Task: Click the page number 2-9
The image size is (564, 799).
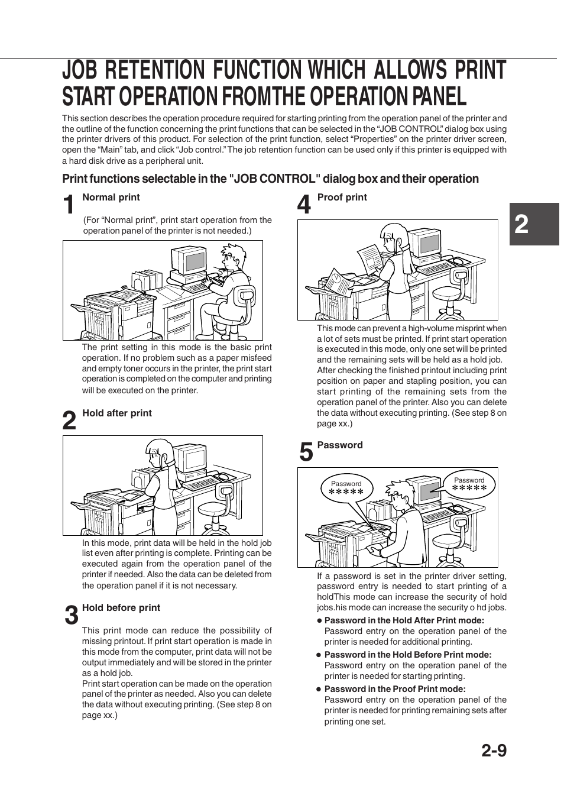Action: [x=494, y=751]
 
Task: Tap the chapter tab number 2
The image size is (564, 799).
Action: [x=521, y=225]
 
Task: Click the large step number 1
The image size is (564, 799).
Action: [x=69, y=205]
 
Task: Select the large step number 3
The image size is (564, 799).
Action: [x=70, y=616]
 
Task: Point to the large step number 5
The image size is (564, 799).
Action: [x=306, y=453]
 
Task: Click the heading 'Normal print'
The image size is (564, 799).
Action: [x=111, y=197]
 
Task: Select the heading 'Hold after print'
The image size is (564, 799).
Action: [x=117, y=413]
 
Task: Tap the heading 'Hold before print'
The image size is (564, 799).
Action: [x=121, y=607]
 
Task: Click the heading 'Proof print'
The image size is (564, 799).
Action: [x=342, y=197]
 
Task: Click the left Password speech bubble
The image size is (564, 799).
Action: [x=346, y=489]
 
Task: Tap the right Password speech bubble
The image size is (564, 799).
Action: [x=469, y=484]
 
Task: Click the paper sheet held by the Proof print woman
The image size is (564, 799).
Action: [x=369, y=258]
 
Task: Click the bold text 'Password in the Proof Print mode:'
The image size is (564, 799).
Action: [x=395, y=688]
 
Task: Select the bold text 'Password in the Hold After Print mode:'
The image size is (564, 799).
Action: [x=404, y=620]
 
